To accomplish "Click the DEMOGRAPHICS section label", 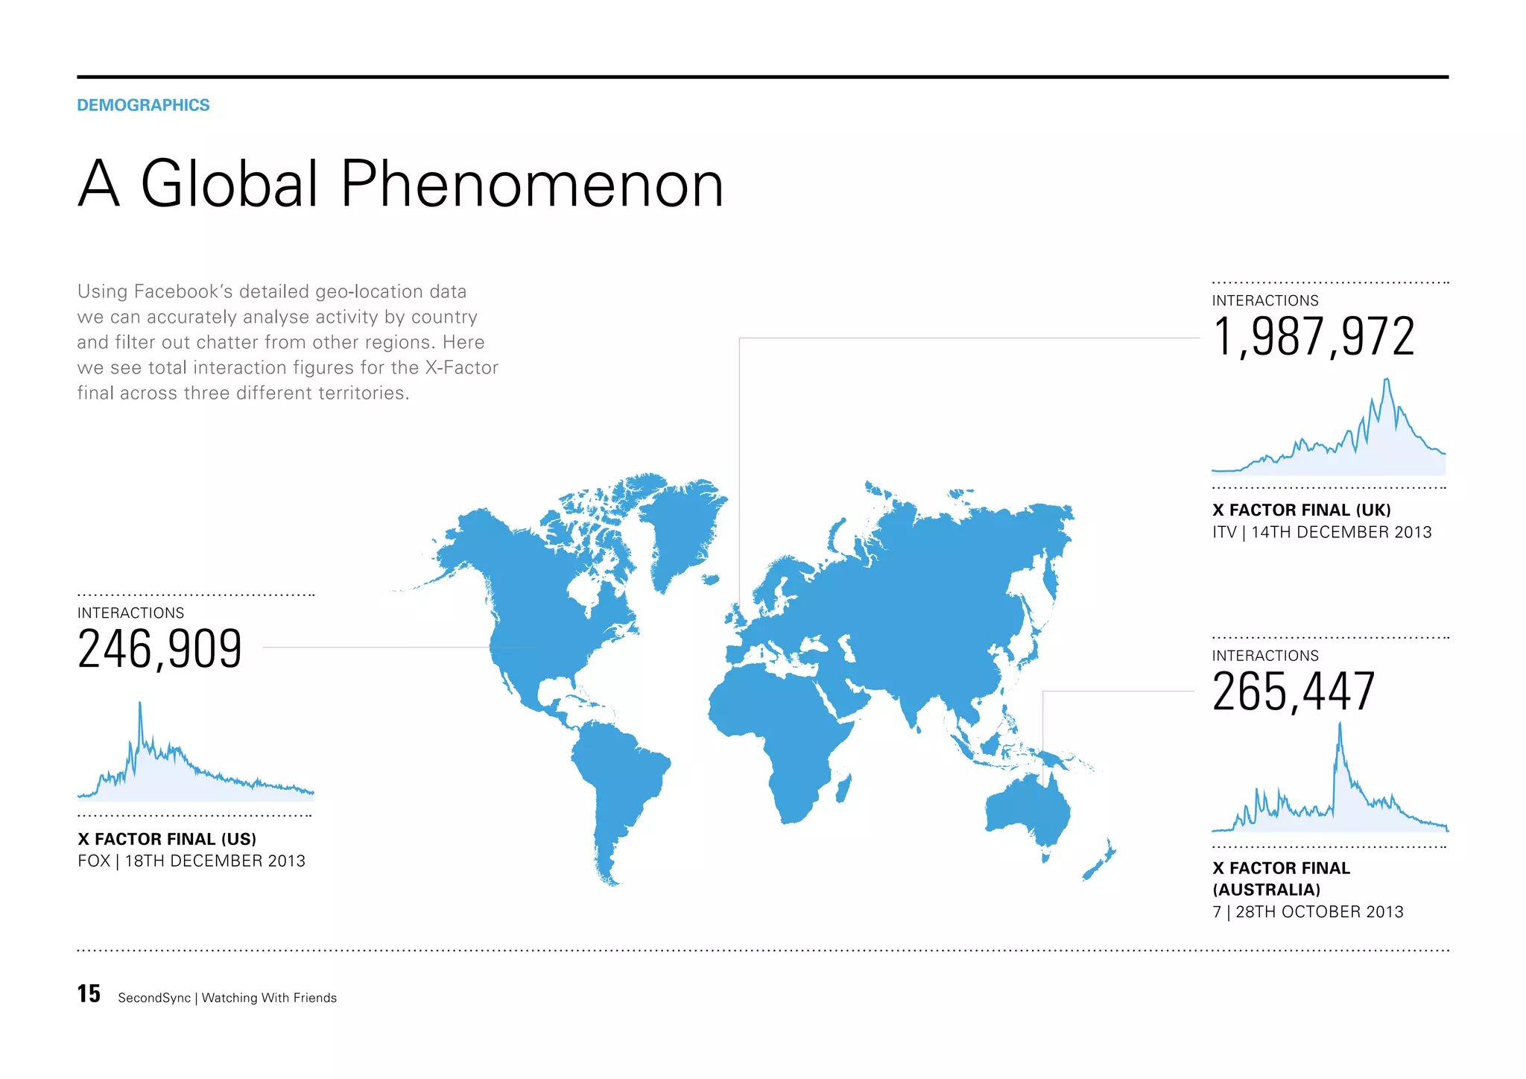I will [x=143, y=105].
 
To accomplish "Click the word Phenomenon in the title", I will [x=532, y=184].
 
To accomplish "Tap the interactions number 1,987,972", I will [x=1313, y=337].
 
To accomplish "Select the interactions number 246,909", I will [x=159, y=649].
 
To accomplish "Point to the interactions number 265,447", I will [x=1293, y=692].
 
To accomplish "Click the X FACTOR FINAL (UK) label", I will [x=1301, y=510].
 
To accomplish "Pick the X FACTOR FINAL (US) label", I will [x=167, y=839].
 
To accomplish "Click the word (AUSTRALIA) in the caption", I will [x=1266, y=890].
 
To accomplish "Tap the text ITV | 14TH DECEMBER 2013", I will [x=1321, y=532].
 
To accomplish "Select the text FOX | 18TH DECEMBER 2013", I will [x=191, y=861].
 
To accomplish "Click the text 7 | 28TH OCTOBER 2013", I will [x=1308, y=912].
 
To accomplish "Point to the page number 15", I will [x=89, y=994].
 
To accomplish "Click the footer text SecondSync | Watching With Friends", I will [x=227, y=998].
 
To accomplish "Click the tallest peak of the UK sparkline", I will [x=1386, y=381].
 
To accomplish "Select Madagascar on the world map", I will [x=844, y=788].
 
